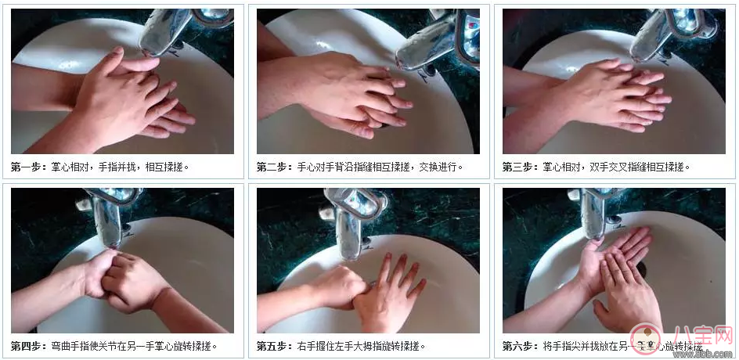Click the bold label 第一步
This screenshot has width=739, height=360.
coord(28,167)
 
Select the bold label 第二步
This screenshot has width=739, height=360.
coord(274,167)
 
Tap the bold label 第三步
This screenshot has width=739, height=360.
coord(520,167)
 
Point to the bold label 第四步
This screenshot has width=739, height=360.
coord(28,345)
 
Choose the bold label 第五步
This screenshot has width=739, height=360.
coord(274,345)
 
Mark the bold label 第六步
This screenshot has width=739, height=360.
coord(520,345)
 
